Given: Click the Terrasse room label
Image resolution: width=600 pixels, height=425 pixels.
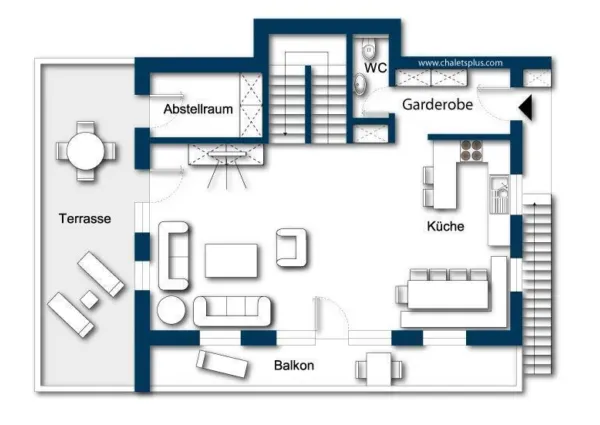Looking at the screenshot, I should (x=84, y=218).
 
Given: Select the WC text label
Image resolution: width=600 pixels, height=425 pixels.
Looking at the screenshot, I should (x=376, y=68).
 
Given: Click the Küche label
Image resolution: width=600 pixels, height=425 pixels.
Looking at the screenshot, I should (x=445, y=227).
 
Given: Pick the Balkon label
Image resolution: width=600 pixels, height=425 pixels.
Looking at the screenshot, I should (x=294, y=366).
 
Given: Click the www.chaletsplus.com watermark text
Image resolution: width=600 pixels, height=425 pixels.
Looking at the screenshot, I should (x=460, y=62).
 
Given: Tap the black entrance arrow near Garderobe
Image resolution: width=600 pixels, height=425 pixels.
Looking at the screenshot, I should (x=526, y=104).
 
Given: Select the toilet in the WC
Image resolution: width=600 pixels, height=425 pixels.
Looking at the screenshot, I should (x=367, y=48).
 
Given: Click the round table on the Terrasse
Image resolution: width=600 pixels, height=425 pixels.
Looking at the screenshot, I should (x=85, y=150).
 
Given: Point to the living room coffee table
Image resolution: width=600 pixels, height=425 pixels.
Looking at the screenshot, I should (x=233, y=260).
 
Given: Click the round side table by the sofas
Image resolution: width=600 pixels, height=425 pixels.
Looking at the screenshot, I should (x=170, y=311).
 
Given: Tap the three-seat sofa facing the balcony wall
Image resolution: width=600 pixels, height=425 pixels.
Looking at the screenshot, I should (x=232, y=311).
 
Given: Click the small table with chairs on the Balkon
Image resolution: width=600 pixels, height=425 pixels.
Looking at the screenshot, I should (x=381, y=370).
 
